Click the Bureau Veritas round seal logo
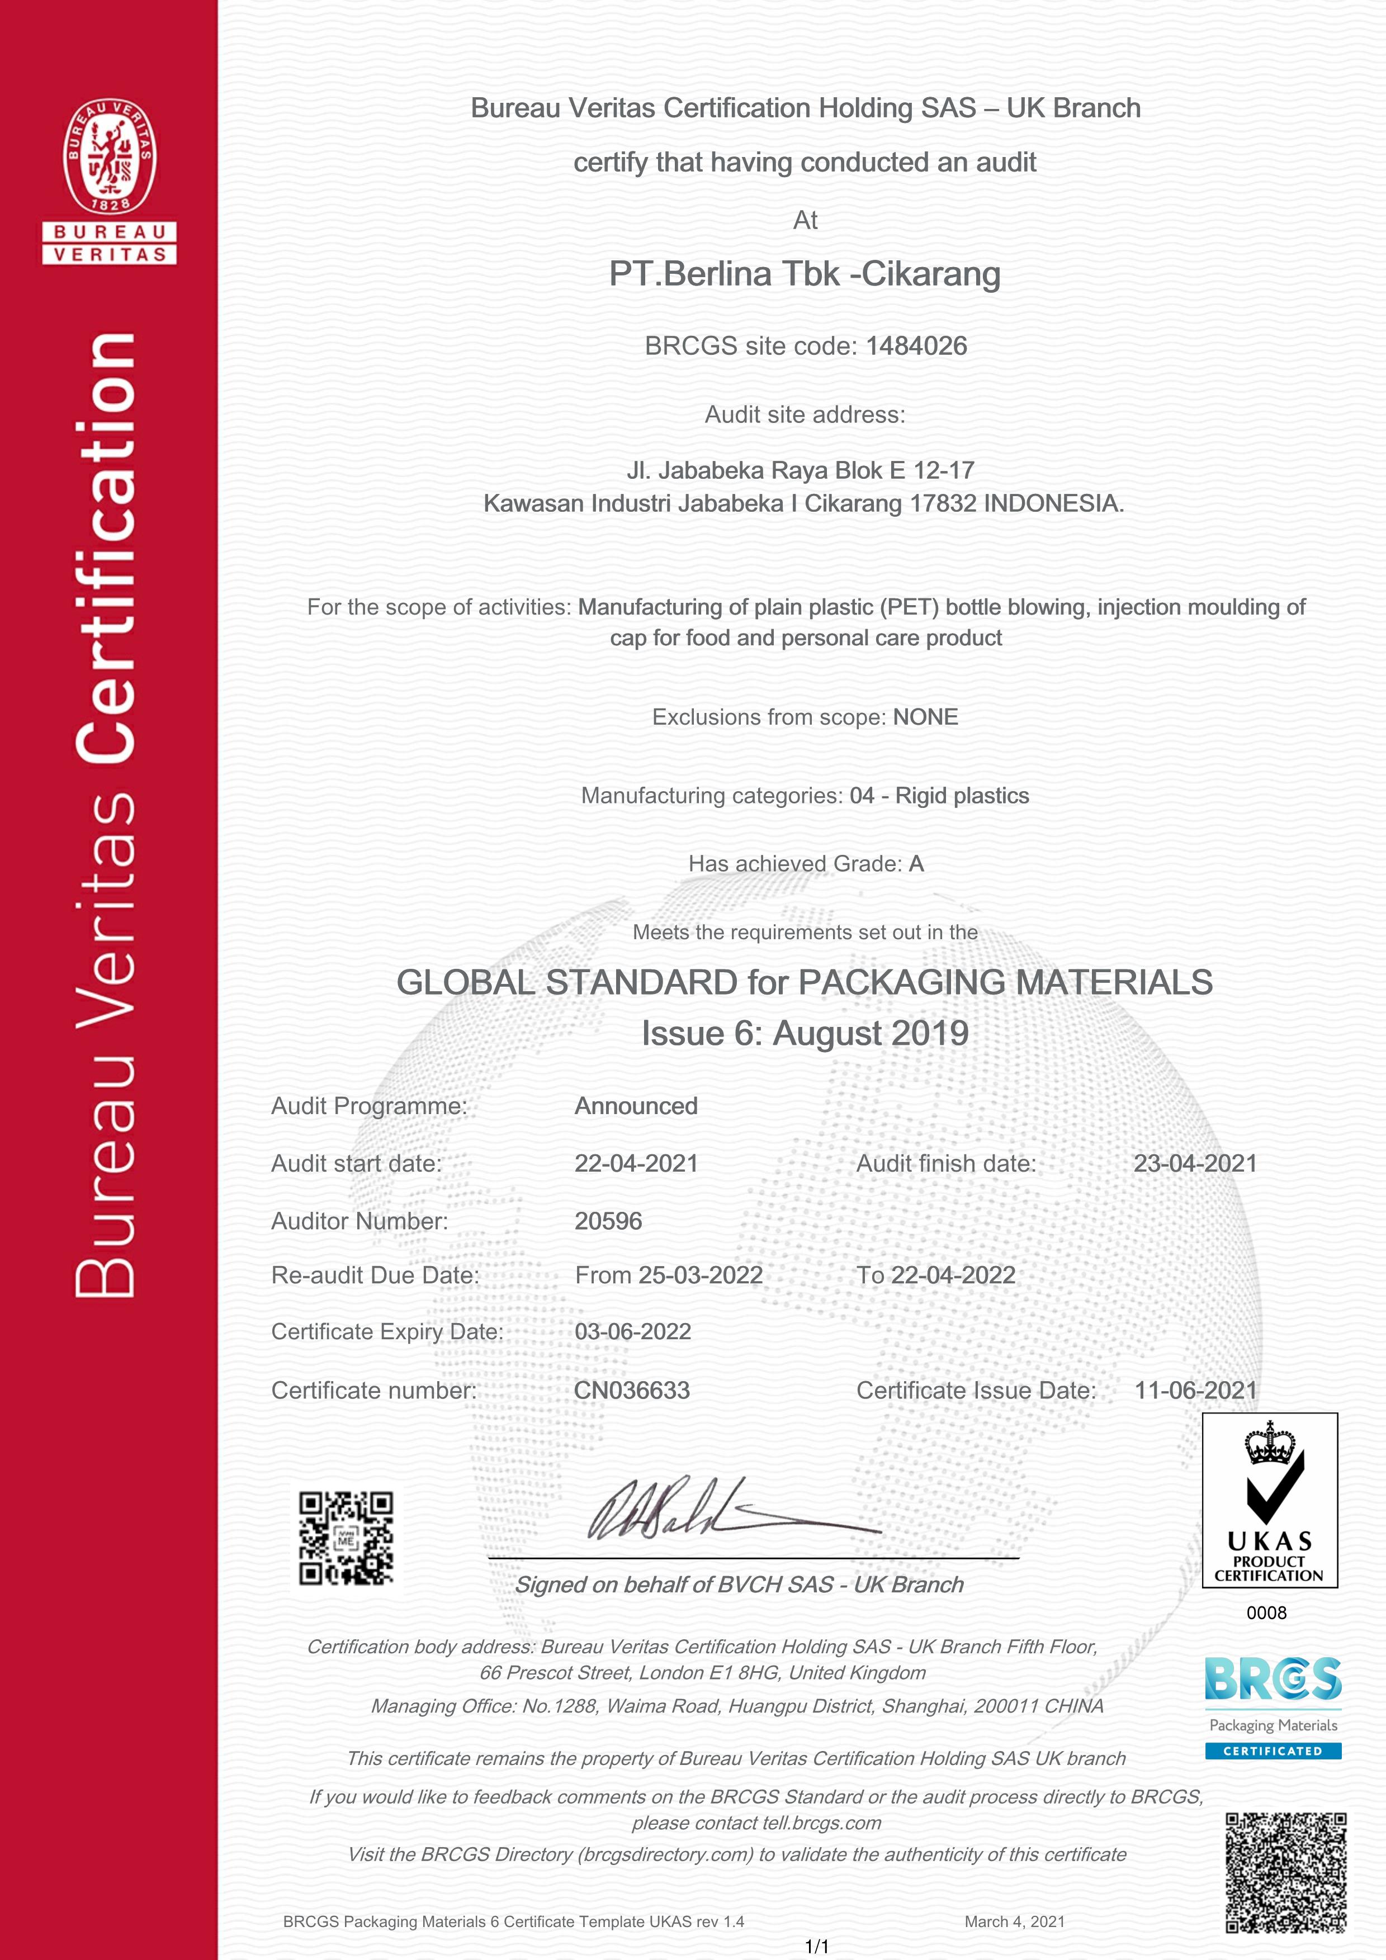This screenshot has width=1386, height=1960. click(110, 156)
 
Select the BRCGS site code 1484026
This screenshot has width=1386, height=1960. click(916, 346)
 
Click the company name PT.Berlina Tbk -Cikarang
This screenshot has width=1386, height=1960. click(805, 274)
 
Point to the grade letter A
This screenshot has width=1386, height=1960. click(916, 864)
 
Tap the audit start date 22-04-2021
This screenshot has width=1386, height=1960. click(636, 1163)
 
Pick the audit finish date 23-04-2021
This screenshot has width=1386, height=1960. click(1195, 1163)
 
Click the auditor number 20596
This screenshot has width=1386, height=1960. click(608, 1221)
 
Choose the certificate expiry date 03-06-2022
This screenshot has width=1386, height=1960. click(633, 1331)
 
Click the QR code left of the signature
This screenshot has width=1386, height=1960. click(346, 1538)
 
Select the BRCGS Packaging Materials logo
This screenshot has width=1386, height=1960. click(1273, 1706)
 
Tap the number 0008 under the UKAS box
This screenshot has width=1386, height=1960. click(1266, 1612)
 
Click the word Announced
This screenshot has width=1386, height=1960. click(636, 1106)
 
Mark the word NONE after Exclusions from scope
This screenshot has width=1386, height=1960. click(926, 717)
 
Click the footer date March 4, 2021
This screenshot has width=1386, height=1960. click(1015, 1921)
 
